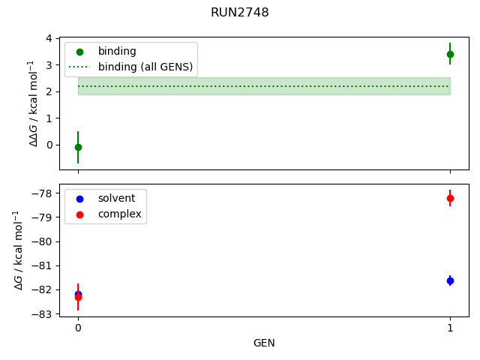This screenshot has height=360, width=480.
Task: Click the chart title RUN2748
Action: [240, 13]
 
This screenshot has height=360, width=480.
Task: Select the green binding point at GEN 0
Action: [78, 147]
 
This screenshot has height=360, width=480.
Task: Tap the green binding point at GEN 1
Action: [450, 54]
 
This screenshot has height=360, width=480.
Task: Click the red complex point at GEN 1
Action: [450, 198]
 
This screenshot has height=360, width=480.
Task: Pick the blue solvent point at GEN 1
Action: [450, 280]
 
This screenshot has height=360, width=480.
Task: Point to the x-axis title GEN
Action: [264, 343]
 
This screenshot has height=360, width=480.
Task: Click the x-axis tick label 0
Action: [78, 328]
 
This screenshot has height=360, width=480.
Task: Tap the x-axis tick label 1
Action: [450, 328]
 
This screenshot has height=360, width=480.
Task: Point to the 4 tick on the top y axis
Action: [49, 38]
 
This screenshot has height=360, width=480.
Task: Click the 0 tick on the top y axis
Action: [49, 145]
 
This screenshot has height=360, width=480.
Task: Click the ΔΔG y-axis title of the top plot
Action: [34, 103]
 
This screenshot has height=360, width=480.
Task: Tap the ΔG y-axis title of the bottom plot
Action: [19, 250]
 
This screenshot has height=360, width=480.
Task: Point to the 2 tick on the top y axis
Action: [49, 91]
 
